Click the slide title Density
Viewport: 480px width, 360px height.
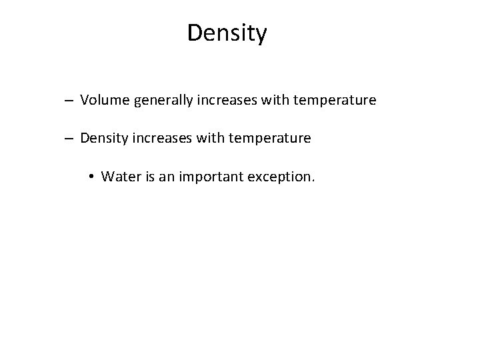point(227,33)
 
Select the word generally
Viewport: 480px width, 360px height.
point(157,101)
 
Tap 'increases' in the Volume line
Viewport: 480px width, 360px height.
point(219,101)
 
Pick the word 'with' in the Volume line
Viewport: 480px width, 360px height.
point(265,101)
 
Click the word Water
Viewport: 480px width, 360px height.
point(119,177)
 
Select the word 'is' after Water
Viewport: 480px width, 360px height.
point(145,177)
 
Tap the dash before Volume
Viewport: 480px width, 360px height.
point(69,101)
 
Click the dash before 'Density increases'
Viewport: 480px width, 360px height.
point(69,139)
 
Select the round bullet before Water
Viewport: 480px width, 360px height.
point(91,177)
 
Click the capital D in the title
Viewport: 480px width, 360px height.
point(195,32)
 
